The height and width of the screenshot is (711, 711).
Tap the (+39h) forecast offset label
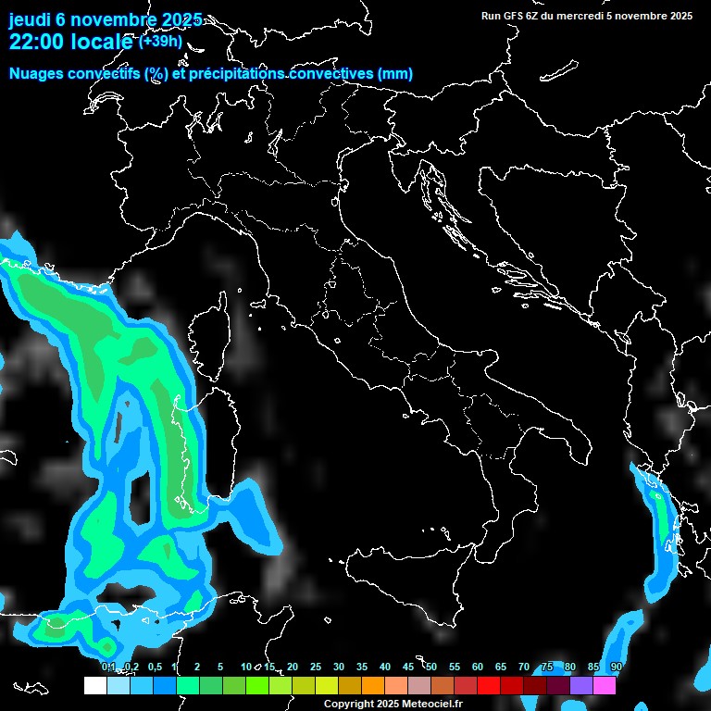pos(160,42)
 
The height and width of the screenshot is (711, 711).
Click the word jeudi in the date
pos(30,19)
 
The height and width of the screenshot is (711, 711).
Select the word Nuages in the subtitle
pos(37,74)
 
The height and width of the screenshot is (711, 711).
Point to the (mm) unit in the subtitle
pos(394,74)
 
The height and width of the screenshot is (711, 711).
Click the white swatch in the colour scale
pos(95,686)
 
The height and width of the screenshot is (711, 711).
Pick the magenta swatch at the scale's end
pos(605,686)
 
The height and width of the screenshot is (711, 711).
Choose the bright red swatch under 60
pos(489,686)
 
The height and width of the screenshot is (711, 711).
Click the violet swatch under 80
pos(581,686)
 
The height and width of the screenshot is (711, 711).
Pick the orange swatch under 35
pos(373,686)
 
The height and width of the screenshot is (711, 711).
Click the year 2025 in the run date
pos(680,16)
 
